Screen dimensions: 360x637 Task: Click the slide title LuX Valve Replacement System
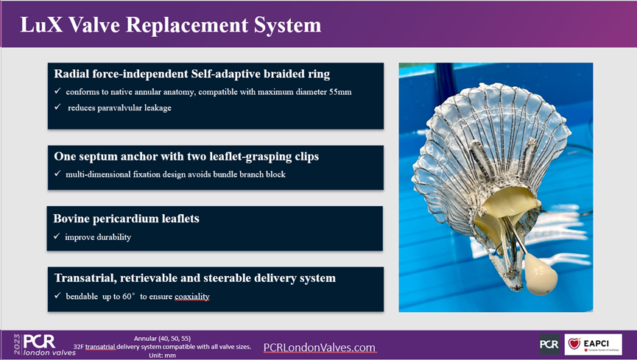171,24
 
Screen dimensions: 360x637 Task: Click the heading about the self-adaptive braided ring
191,74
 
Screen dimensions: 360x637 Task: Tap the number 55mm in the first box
328,92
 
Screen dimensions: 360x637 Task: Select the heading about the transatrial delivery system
194,278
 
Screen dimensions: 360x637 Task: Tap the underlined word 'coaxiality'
188,297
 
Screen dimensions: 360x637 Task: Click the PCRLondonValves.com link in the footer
319,347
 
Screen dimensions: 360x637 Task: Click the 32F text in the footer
79,346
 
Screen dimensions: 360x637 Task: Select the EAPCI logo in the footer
593,344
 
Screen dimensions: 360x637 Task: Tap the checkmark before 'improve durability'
57,237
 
